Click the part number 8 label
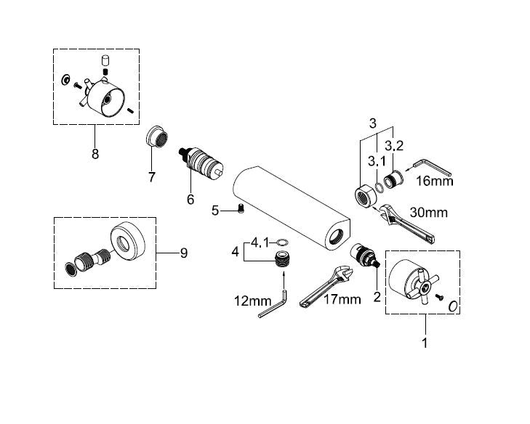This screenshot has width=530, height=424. [95, 154]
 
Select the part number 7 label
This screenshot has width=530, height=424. [152, 177]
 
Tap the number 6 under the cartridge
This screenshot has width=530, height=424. [190, 199]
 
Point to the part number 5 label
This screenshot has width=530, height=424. [215, 211]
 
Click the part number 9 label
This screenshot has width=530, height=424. [183, 253]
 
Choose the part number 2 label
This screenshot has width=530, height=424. [376, 296]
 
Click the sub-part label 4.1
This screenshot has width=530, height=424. [261, 242]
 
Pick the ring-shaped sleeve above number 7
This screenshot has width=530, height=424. [154, 136]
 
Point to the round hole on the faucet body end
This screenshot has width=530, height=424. [335, 237]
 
